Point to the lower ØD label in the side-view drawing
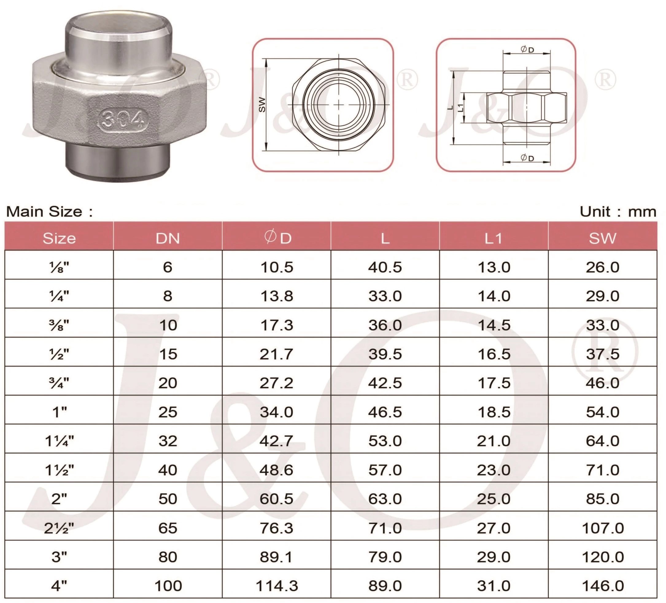pyautogui.click(x=527, y=158)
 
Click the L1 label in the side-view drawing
pyautogui.click(x=460, y=108)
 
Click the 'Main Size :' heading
pyautogui.click(x=49, y=212)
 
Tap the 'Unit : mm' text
pyautogui.click(x=618, y=212)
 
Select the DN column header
pyautogui.click(x=168, y=238)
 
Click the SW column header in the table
pyautogui.click(x=602, y=238)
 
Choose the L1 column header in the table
pyautogui.click(x=494, y=238)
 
